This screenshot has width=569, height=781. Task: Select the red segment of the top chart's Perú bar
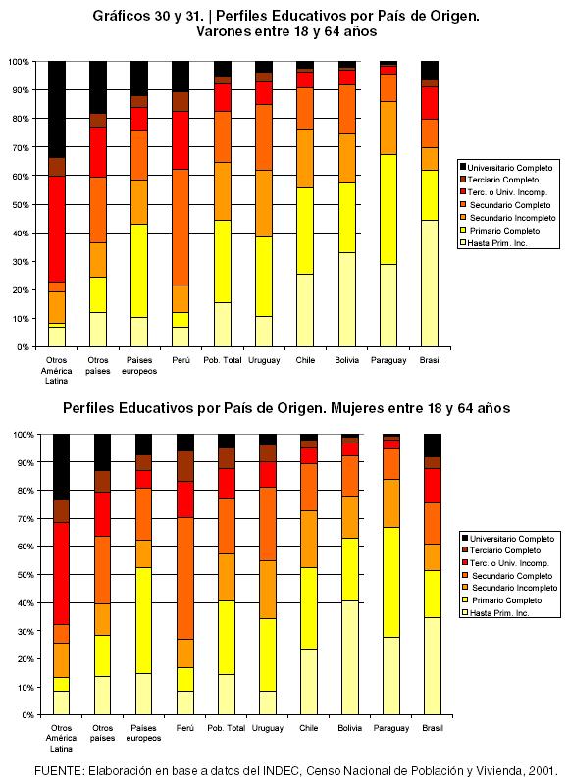pos(181,140)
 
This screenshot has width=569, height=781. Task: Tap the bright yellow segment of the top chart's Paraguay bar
pos(388,209)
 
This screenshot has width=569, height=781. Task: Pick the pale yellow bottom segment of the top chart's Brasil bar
pos(430,284)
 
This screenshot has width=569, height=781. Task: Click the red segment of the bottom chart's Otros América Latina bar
pos(61,573)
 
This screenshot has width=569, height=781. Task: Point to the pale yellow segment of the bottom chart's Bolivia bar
pos(350,657)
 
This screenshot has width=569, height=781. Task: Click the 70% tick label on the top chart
pos(20,148)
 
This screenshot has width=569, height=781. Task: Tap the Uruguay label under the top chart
pos(264,360)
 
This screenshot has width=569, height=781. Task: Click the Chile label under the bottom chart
pos(309,728)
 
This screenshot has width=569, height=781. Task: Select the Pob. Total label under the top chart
pos(223,360)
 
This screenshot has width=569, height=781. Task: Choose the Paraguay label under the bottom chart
pos(391,728)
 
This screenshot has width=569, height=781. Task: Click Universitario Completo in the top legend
pos(510,168)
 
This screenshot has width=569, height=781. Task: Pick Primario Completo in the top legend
pos(505,231)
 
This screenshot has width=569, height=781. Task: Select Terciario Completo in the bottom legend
pos(505,550)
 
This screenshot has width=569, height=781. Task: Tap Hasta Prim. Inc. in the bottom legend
pos(499,613)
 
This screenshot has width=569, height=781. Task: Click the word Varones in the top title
pos(224,31)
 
